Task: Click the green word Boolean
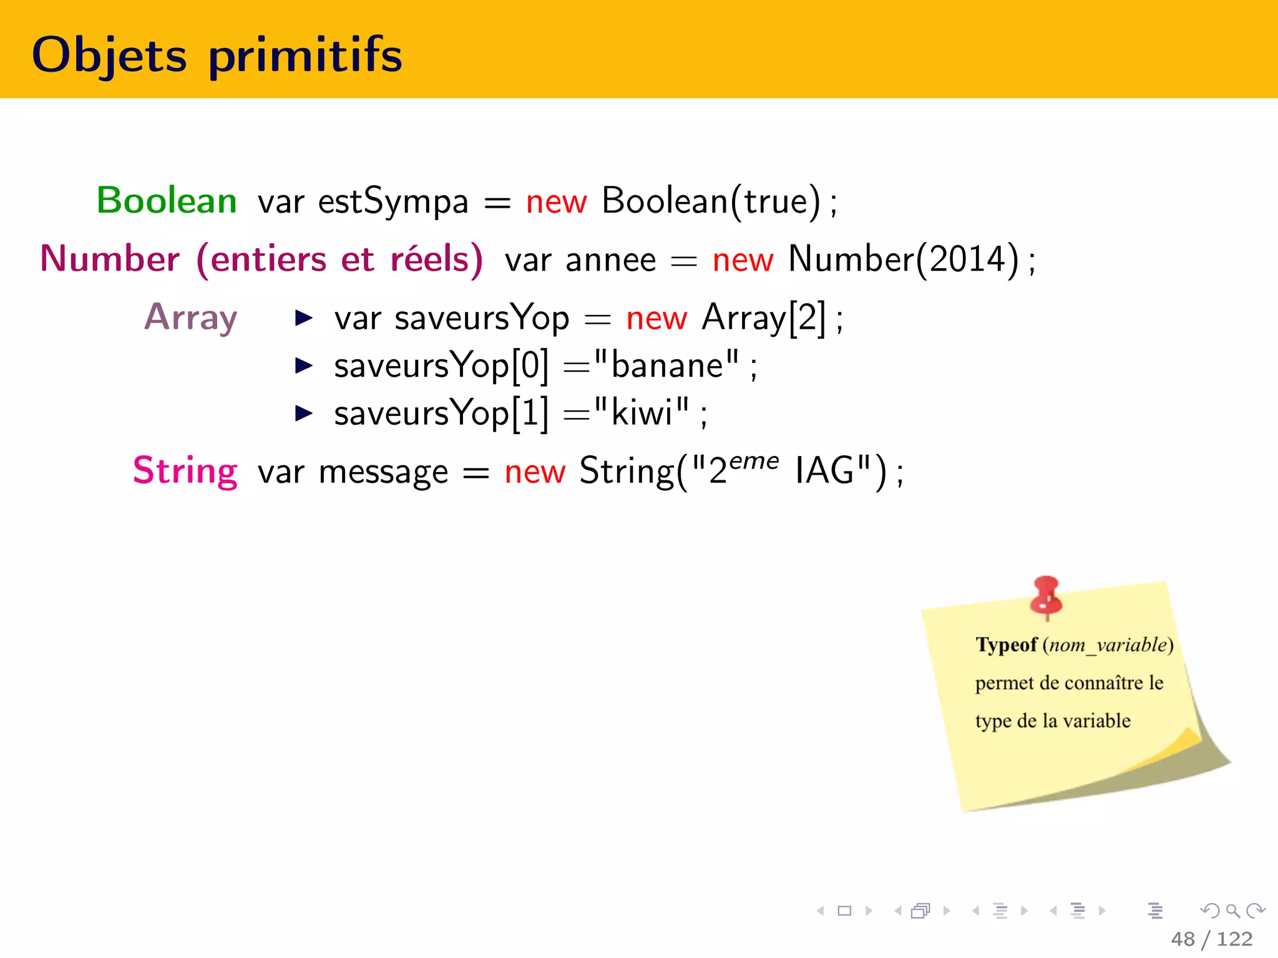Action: [x=167, y=201]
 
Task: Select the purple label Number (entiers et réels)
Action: [x=261, y=259]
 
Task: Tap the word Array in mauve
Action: [x=191, y=317]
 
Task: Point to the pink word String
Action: [x=185, y=471]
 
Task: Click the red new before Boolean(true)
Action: [x=556, y=203]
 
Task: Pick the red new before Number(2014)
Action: [x=743, y=261]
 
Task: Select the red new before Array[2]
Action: [x=656, y=319]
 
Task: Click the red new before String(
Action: [x=535, y=473]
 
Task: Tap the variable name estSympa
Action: [x=393, y=202]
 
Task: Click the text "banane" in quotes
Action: [x=666, y=365]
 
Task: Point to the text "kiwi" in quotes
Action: [x=641, y=412]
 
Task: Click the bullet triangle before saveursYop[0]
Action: [x=303, y=365]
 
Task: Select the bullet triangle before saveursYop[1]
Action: [x=303, y=413]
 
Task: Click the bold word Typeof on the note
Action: [x=1006, y=644]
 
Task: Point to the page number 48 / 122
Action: [x=1211, y=939]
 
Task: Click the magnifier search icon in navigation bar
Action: [x=1232, y=911]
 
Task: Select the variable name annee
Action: [x=610, y=261]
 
